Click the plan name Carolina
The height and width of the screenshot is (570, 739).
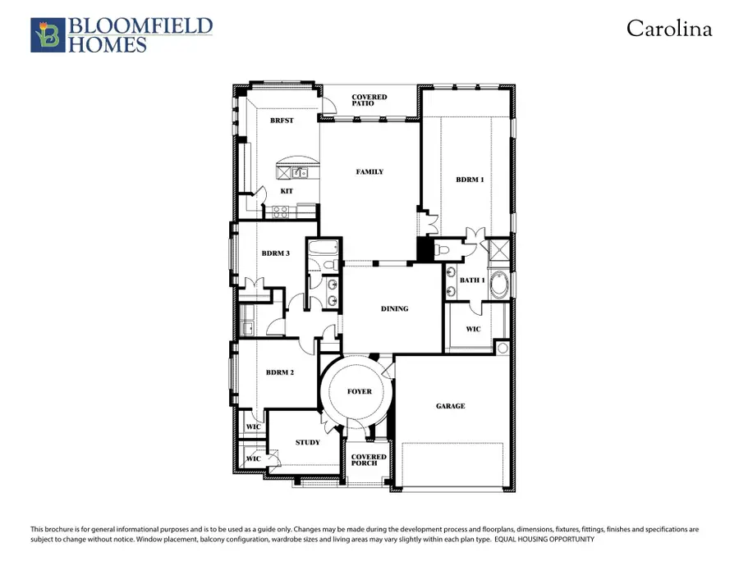pos(668,29)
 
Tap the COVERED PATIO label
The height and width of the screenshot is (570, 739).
pos(369,100)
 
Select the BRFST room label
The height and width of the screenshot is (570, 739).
pos(282,120)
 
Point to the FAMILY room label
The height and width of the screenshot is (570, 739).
pos(369,171)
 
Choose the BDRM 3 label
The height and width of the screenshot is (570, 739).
pos(276,253)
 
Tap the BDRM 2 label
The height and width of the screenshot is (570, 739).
pos(279,372)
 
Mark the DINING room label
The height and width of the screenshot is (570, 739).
pos(394,308)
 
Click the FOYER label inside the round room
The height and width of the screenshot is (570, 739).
pos(359,391)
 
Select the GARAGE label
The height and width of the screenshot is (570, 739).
pos(450,406)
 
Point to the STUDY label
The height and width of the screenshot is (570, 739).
pos(307,442)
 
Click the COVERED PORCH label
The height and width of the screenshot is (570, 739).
pos(369,459)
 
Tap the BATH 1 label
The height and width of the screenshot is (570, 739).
pos(472,280)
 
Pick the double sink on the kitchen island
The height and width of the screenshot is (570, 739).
pos(299,172)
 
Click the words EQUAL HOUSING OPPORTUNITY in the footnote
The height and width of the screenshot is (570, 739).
pos(544,540)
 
